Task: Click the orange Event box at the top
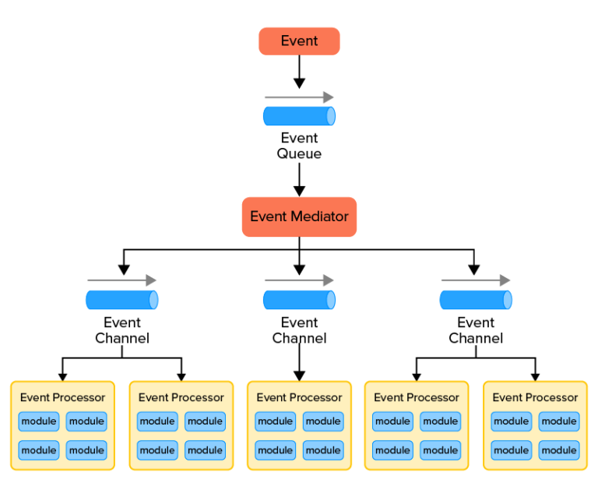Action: pyautogui.click(x=299, y=41)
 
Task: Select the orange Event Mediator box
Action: pyautogui.click(x=299, y=217)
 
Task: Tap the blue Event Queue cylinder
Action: pyautogui.click(x=299, y=116)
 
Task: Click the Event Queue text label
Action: pyautogui.click(x=299, y=146)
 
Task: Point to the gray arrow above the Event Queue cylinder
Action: pyautogui.click(x=299, y=97)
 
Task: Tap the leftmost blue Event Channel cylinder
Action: pyautogui.click(x=122, y=300)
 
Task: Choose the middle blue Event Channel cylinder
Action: pyautogui.click(x=299, y=300)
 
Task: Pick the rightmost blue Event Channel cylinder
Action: pyautogui.click(x=476, y=300)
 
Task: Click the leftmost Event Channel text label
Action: pyautogui.click(x=122, y=330)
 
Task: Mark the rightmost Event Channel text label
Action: pyautogui.click(x=476, y=330)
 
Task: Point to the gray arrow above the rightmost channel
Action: pyautogui.click(x=476, y=280)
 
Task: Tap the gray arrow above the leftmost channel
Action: pyautogui.click(x=122, y=280)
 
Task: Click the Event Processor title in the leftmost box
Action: pyautogui.click(x=62, y=397)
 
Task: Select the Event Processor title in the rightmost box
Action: pyautogui.click(x=535, y=397)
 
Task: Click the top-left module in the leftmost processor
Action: pyautogui.click(x=39, y=421)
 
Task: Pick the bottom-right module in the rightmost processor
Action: pyautogui.click(x=559, y=449)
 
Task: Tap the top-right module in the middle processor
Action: pyautogui.click(x=323, y=421)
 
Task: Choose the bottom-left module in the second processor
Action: pyautogui.click(x=157, y=449)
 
